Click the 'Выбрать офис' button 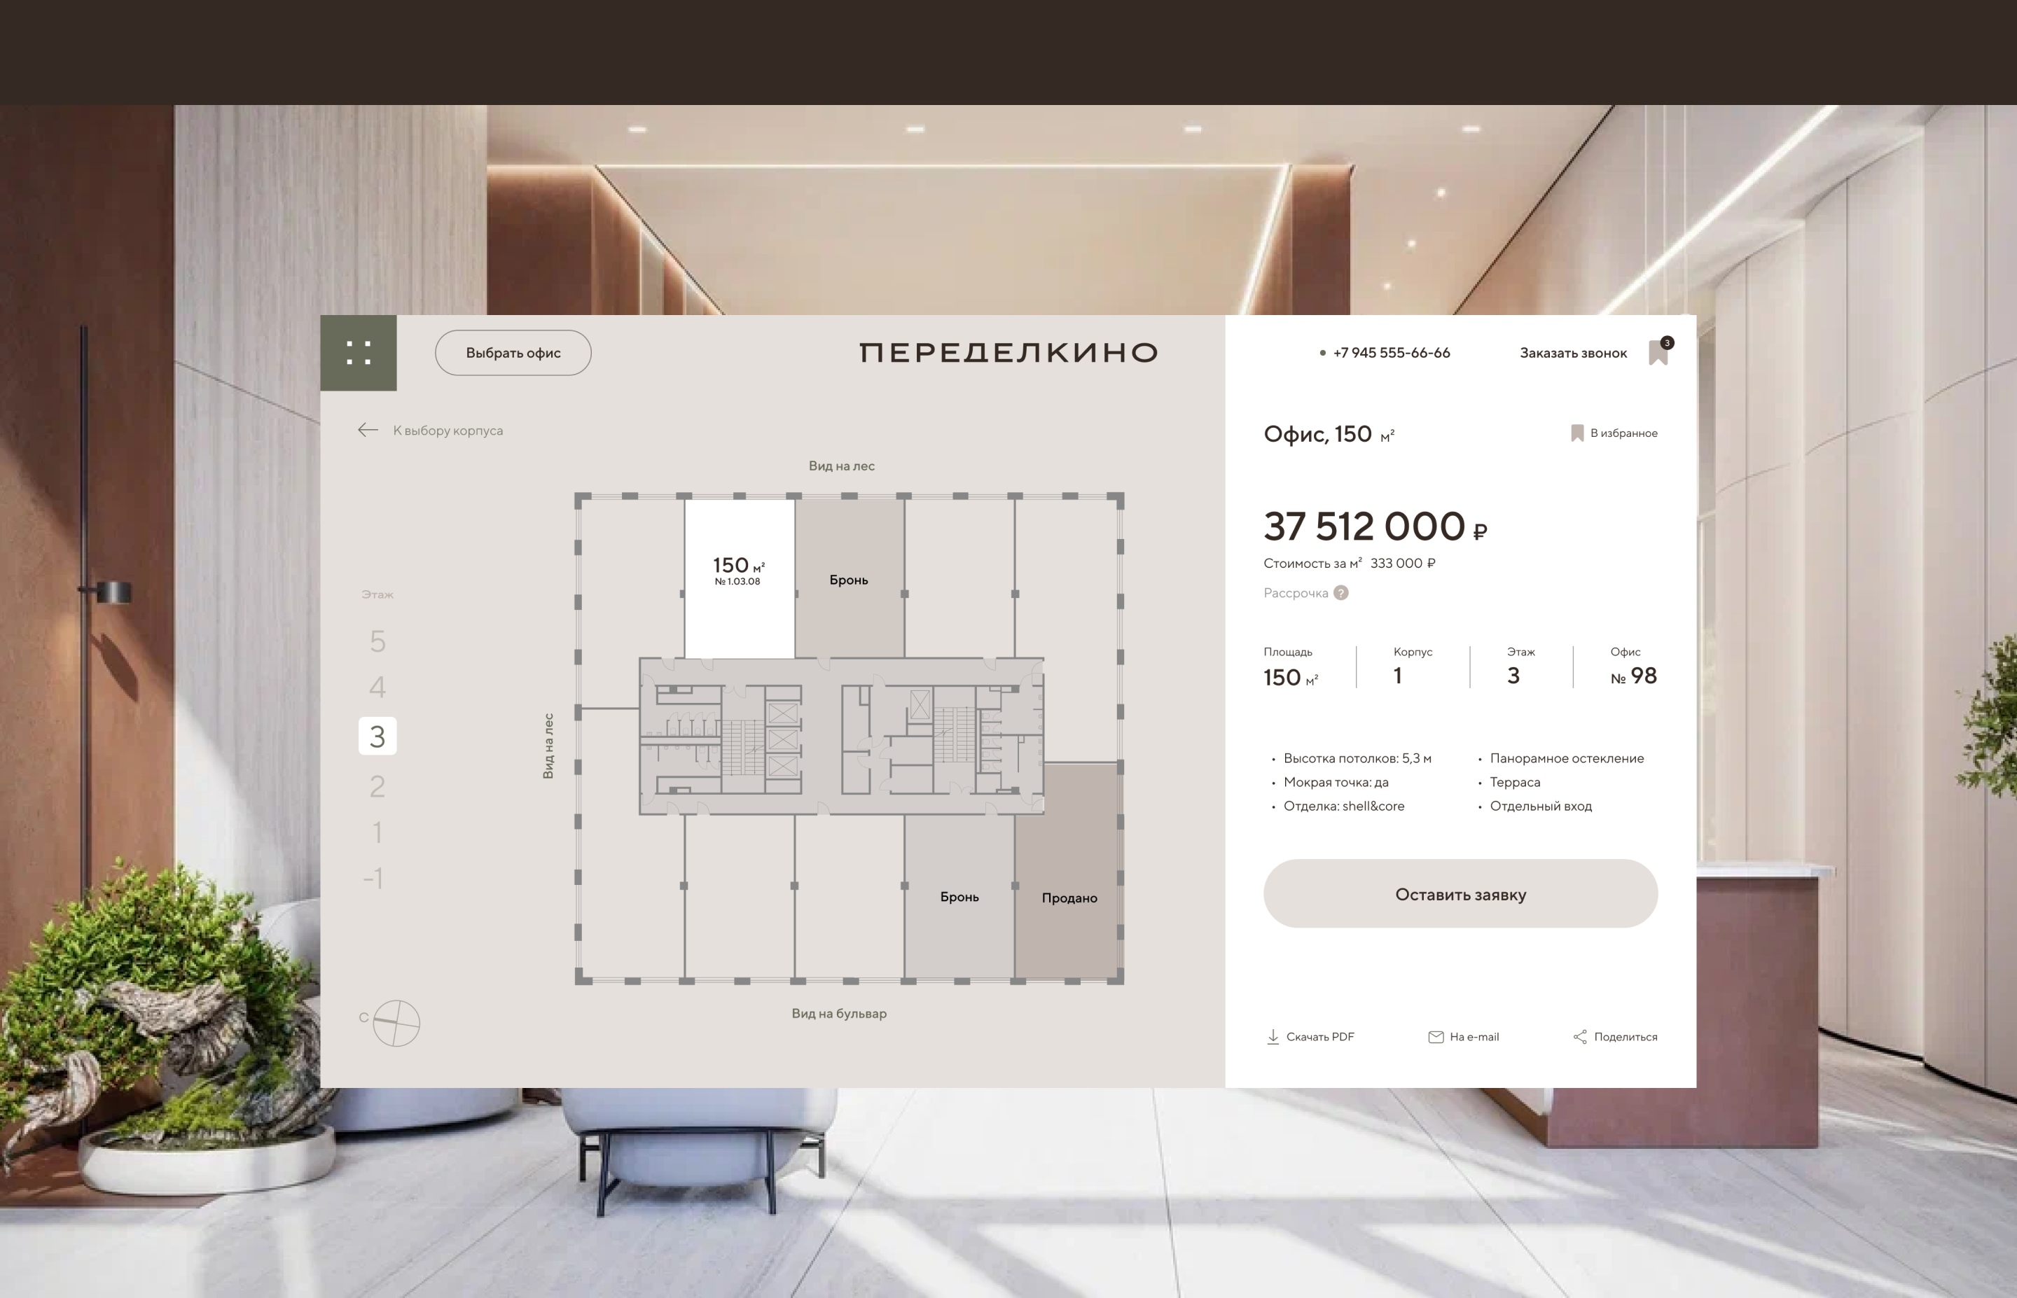coord(513,352)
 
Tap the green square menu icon coord(358,352)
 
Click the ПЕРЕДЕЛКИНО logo coord(1008,352)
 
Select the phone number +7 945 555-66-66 coord(1391,352)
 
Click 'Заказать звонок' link coord(1573,353)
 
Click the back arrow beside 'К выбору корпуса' coord(368,430)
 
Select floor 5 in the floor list coord(377,641)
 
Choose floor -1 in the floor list coord(374,878)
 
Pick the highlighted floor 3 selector coord(377,736)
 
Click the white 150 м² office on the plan coord(739,578)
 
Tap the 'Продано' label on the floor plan coord(1069,898)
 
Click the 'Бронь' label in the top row coord(849,580)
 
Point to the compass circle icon coord(396,1024)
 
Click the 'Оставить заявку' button coord(1460,893)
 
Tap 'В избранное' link coord(1614,433)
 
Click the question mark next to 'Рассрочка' coord(1341,592)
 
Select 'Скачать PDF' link coord(1310,1037)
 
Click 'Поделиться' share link coord(1615,1037)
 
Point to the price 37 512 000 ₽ coord(1375,526)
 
